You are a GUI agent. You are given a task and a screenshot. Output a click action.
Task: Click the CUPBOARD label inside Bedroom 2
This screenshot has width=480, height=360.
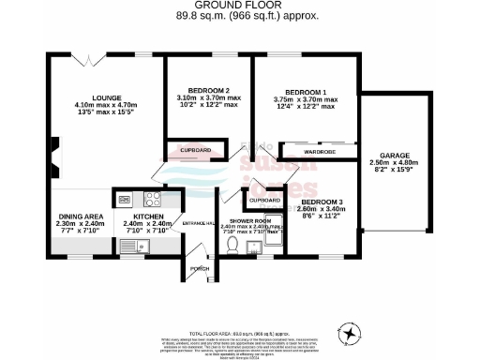pyautogui.click(x=194, y=149)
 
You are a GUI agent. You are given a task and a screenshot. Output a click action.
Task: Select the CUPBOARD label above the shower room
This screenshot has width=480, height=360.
pyautogui.click(x=265, y=200)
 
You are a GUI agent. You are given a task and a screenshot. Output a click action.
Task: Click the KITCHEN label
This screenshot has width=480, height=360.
pyautogui.click(x=145, y=217)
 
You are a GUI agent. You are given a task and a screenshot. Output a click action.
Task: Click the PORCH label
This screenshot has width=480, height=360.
pyautogui.click(x=200, y=268)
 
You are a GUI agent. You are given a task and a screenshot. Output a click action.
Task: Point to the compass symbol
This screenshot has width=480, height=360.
pyautogui.click(x=350, y=333)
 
